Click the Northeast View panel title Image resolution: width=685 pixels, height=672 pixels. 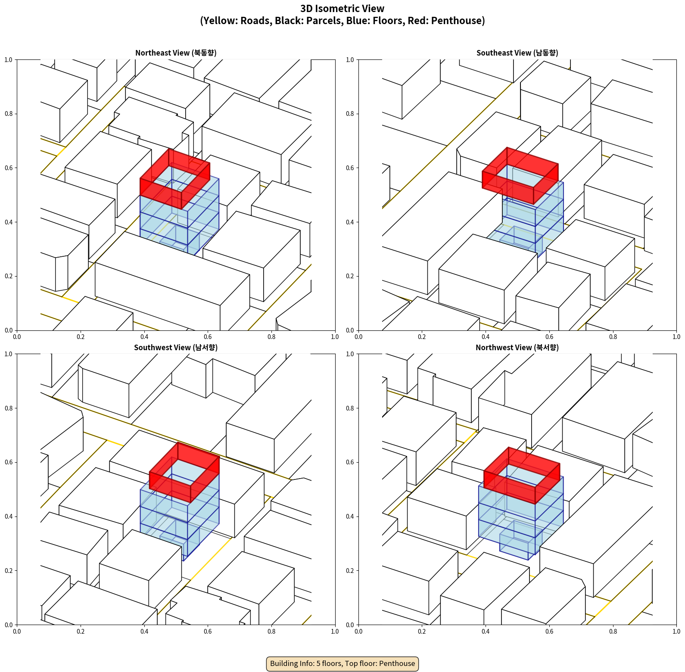tap(176, 53)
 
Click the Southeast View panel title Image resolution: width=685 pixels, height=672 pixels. tap(517, 53)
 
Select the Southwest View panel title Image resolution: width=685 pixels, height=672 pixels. tap(176, 347)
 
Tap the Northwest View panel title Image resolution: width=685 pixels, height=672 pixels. tap(517, 347)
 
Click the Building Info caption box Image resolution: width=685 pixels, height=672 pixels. tap(342, 663)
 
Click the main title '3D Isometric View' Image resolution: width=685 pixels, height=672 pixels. tap(342, 9)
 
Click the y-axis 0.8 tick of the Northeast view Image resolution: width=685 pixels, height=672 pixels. tap(9, 114)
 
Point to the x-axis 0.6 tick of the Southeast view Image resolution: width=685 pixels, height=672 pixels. tap(549, 336)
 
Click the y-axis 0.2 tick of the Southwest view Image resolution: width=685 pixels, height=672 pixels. tap(9, 570)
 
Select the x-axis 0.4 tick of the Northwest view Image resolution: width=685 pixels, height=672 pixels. tap(486, 631)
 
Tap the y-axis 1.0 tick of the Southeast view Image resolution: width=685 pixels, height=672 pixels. tap(350, 59)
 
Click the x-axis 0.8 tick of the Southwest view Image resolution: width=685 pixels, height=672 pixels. tap(271, 631)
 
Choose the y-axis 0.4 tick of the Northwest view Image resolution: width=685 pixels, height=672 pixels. tap(350, 516)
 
